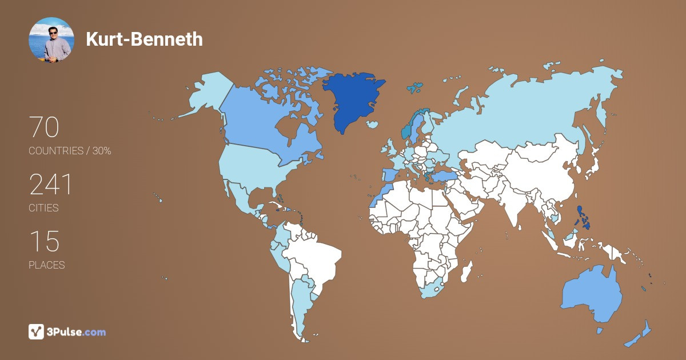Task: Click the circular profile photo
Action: pyautogui.click(x=51, y=40)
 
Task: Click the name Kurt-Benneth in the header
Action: pyautogui.click(x=144, y=39)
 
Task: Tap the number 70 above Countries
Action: pyautogui.click(x=44, y=127)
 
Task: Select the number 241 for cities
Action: pyautogui.click(x=50, y=185)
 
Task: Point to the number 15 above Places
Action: pyautogui.click(x=44, y=242)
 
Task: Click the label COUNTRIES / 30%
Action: pyautogui.click(x=70, y=151)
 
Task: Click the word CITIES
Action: pyautogui.click(x=44, y=208)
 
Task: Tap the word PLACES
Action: pyautogui.click(x=47, y=265)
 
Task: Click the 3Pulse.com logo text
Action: pyautogui.click(x=77, y=331)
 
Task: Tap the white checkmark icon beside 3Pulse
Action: pyautogui.click(x=36, y=331)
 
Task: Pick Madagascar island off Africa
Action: pyautogui.click(x=468, y=270)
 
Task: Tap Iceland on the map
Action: pyautogui.click(x=373, y=124)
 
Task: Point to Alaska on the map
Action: pyautogui.click(x=206, y=94)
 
